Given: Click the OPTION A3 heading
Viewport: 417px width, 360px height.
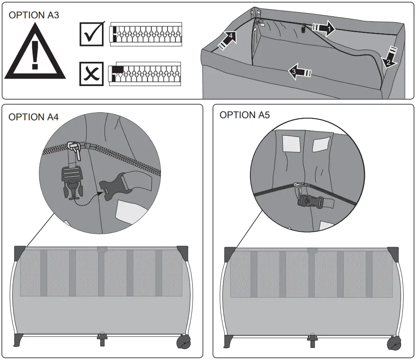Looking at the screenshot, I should pyautogui.click(x=34, y=15).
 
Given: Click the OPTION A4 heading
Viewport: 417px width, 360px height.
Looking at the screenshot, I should pyautogui.click(x=34, y=117).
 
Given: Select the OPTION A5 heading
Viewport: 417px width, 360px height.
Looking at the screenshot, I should pyautogui.click(x=245, y=115).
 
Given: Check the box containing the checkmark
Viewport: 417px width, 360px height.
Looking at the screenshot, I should pyautogui.click(x=92, y=34).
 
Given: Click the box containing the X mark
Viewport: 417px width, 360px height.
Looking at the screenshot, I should pyautogui.click(x=92, y=74).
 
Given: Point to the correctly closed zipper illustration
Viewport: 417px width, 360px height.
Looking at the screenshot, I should pyautogui.click(x=146, y=33).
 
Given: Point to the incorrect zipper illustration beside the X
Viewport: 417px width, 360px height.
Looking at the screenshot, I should pyautogui.click(x=145, y=74).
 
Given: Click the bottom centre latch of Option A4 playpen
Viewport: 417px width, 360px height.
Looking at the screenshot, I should pyautogui.click(x=101, y=338).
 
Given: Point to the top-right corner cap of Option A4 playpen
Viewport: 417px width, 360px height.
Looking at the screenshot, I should pyautogui.click(x=183, y=252).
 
